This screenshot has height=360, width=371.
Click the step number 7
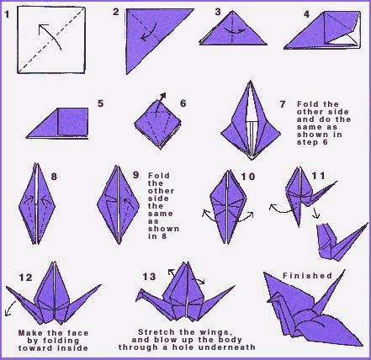[282, 103]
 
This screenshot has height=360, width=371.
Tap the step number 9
[135, 177]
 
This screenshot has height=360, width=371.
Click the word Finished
[305, 275]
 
